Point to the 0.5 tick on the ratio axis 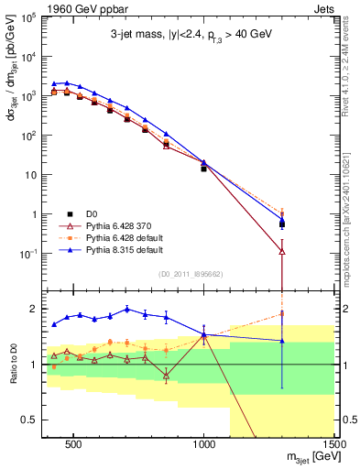[x=30, y=420]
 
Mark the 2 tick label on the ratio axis [x=33, y=309]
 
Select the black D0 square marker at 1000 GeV [x=204, y=169]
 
